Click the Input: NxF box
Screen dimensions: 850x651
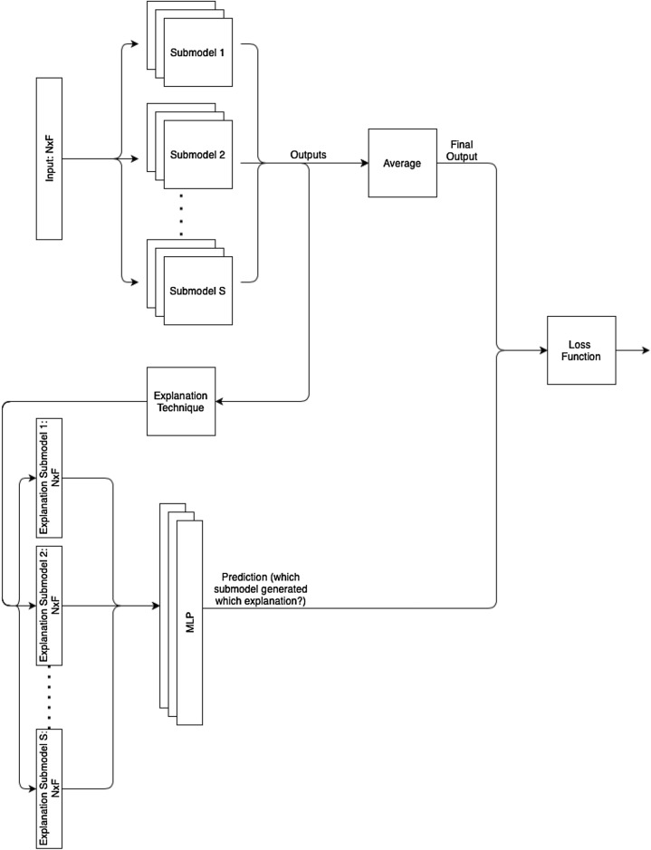[49, 158]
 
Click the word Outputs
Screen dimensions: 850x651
[309, 155]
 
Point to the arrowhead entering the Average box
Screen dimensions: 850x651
[364, 164]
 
